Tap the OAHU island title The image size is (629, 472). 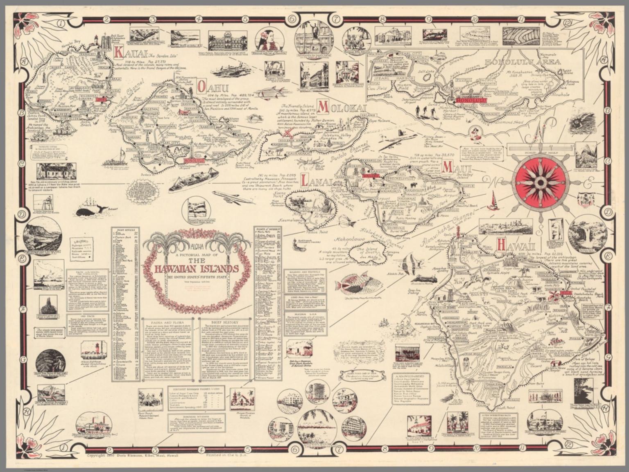213,87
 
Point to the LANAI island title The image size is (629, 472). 317,180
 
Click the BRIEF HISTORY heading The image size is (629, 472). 224,323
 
